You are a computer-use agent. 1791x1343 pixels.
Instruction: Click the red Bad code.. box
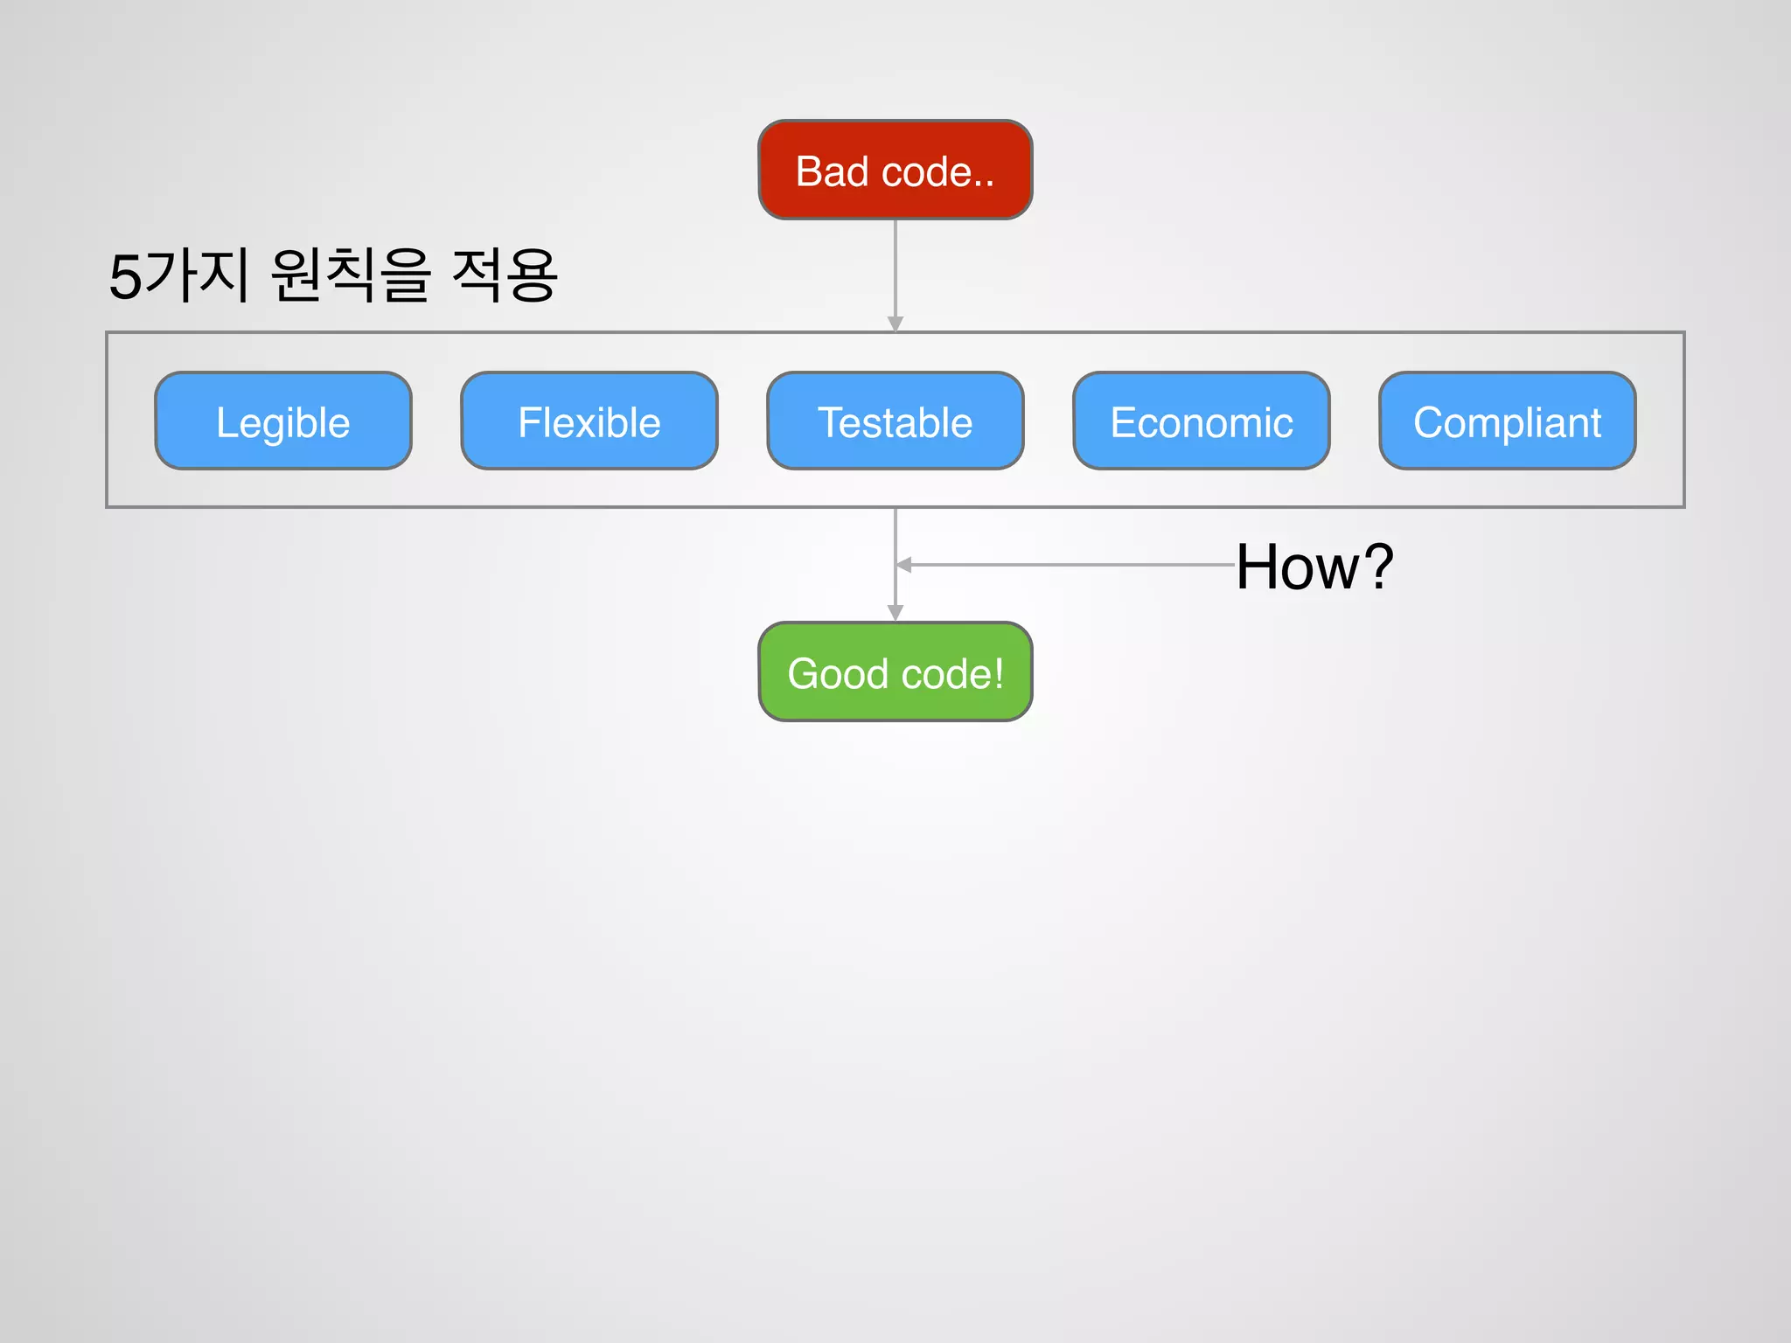(895, 170)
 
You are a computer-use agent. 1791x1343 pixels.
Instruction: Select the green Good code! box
(895, 671)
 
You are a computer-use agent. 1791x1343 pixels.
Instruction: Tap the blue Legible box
(282, 421)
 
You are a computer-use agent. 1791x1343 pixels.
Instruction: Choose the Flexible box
(589, 421)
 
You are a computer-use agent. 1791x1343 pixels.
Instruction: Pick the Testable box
(895, 421)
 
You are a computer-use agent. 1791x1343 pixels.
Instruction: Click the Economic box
(1201, 421)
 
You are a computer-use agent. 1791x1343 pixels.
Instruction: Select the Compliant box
(1507, 421)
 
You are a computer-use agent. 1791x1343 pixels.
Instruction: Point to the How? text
(1314, 567)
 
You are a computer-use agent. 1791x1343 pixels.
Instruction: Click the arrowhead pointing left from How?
(904, 565)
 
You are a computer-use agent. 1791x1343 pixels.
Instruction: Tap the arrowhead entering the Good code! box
(895, 612)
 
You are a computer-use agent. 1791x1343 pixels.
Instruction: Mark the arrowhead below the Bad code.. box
(895, 324)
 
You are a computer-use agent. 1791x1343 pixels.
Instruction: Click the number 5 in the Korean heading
(125, 277)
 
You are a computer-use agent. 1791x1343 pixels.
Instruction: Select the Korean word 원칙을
(350, 275)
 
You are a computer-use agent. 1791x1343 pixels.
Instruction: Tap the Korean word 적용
(505, 275)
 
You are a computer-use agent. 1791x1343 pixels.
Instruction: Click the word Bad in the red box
(832, 171)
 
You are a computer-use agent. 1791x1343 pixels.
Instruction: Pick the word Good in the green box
(838, 674)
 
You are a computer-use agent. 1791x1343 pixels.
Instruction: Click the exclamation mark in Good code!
(998, 674)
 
